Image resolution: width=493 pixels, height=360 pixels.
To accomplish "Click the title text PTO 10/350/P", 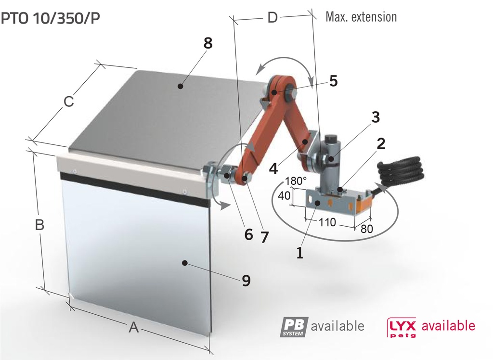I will click(51, 18).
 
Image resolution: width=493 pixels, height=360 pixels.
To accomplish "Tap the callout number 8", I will click(208, 43).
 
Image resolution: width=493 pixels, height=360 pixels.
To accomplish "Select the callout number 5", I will click(333, 81).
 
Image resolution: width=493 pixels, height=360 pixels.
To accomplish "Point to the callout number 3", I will click(375, 117).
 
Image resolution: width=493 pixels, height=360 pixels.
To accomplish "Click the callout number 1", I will click(299, 252).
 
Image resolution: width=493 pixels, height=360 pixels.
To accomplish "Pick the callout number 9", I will click(246, 280).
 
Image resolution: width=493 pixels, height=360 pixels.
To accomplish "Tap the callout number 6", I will click(248, 234).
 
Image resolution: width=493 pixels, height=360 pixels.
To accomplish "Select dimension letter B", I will click(40, 225).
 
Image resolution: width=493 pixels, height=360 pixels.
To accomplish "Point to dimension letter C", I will click(69, 102).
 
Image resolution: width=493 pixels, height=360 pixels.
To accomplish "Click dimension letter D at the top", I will click(272, 18).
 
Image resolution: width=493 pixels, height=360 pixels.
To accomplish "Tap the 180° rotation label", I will click(296, 181).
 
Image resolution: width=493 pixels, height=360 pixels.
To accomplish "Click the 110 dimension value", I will click(327, 223).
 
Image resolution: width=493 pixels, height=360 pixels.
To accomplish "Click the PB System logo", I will click(294, 326).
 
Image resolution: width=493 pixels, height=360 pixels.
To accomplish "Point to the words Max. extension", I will click(361, 17).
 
